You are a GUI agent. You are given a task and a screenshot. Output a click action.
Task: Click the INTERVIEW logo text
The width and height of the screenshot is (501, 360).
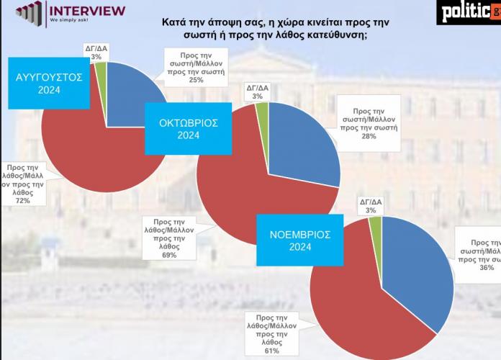pyautogui.click(x=86, y=10)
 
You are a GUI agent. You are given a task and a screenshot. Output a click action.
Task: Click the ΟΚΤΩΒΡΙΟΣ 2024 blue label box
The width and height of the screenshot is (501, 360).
pyautogui.click(x=188, y=128)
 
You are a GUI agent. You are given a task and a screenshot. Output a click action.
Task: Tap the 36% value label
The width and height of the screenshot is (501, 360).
pyautogui.click(x=487, y=268)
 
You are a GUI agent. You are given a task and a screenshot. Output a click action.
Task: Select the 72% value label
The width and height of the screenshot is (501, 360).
pyautogui.click(x=22, y=201)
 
